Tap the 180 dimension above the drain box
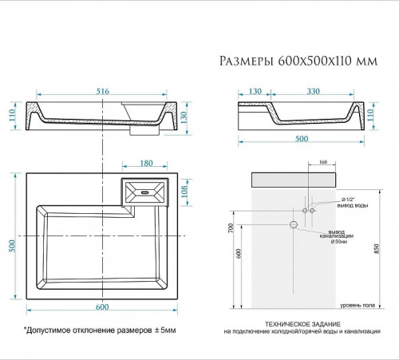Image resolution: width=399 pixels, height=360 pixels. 145,164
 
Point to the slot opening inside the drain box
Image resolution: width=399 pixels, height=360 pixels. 145,192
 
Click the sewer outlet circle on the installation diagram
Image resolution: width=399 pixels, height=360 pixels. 294,225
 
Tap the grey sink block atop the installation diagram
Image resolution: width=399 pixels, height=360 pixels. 300,178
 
